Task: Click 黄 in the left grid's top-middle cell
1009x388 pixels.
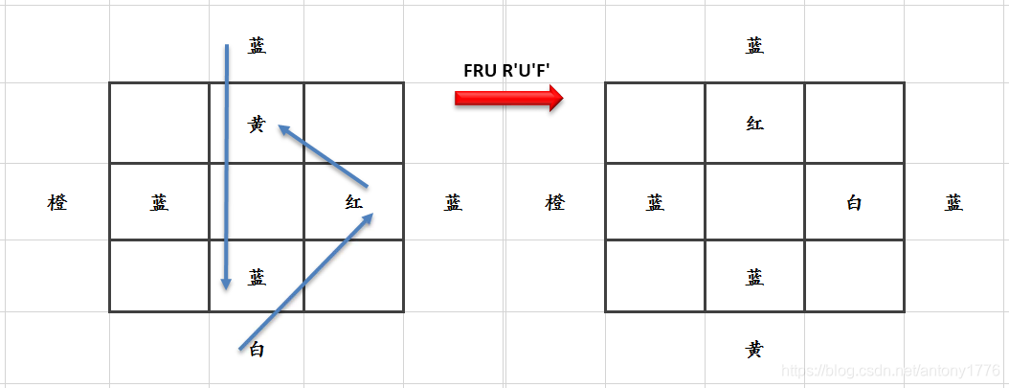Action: click(x=257, y=125)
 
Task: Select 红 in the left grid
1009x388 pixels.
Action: click(x=354, y=203)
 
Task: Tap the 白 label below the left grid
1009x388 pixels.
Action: click(x=257, y=350)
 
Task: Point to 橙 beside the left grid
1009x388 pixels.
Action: click(x=57, y=203)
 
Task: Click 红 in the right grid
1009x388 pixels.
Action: click(x=754, y=125)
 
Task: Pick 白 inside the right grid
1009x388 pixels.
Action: click(x=854, y=203)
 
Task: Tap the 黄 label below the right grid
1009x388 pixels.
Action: click(x=754, y=350)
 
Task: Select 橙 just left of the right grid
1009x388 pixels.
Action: click(x=555, y=203)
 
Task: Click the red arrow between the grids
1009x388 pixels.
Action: click(x=508, y=98)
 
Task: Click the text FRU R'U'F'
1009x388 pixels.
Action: click(x=508, y=70)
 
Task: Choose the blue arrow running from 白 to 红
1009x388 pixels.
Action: click(x=304, y=283)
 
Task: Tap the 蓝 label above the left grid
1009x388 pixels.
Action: click(x=257, y=46)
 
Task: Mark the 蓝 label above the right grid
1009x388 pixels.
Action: click(x=754, y=46)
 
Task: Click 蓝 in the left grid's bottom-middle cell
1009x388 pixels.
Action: click(x=257, y=278)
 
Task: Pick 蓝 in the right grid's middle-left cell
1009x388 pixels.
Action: click(x=655, y=203)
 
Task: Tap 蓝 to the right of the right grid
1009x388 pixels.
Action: click(x=953, y=203)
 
